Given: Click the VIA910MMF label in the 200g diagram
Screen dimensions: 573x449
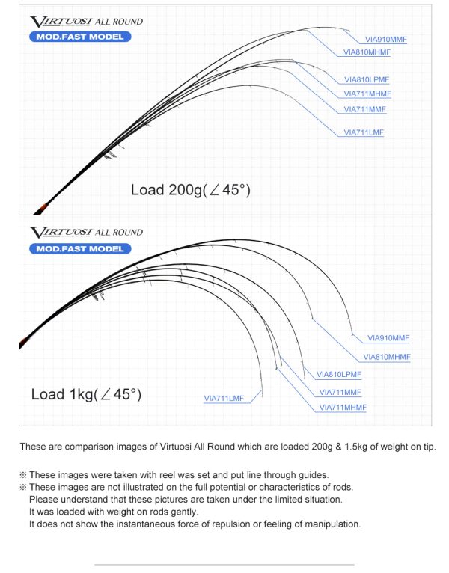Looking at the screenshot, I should [x=386, y=39].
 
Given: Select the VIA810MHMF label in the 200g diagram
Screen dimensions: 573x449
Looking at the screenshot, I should [x=367, y=52].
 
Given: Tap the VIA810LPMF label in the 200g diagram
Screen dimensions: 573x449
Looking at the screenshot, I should [x=367, y=79].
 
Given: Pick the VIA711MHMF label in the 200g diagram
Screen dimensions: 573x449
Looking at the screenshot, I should [x=367, y=94].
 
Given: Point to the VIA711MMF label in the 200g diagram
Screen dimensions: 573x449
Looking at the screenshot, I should [x=365, y=109].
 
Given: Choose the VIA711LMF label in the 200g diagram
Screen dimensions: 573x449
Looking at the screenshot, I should [x=364, y=132].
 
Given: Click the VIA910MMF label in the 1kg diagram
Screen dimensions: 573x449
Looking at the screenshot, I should [x=389, y=338].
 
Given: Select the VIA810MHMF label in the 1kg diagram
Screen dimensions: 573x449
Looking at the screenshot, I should [x=386, y=357].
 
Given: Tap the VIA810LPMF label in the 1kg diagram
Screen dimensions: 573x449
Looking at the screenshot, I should [x=339, y=374].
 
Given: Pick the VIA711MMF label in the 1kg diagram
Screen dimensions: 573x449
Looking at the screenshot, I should [x=340, y=392].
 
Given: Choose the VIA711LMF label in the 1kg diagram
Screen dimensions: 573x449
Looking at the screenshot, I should [x=224, y=399].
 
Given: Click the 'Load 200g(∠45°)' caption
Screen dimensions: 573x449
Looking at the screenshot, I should [x=190, y=190].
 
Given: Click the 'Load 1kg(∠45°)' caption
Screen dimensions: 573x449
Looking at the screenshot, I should [x=86, y=394].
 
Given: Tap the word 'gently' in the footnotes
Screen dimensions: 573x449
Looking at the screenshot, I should [x=182, y=512].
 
